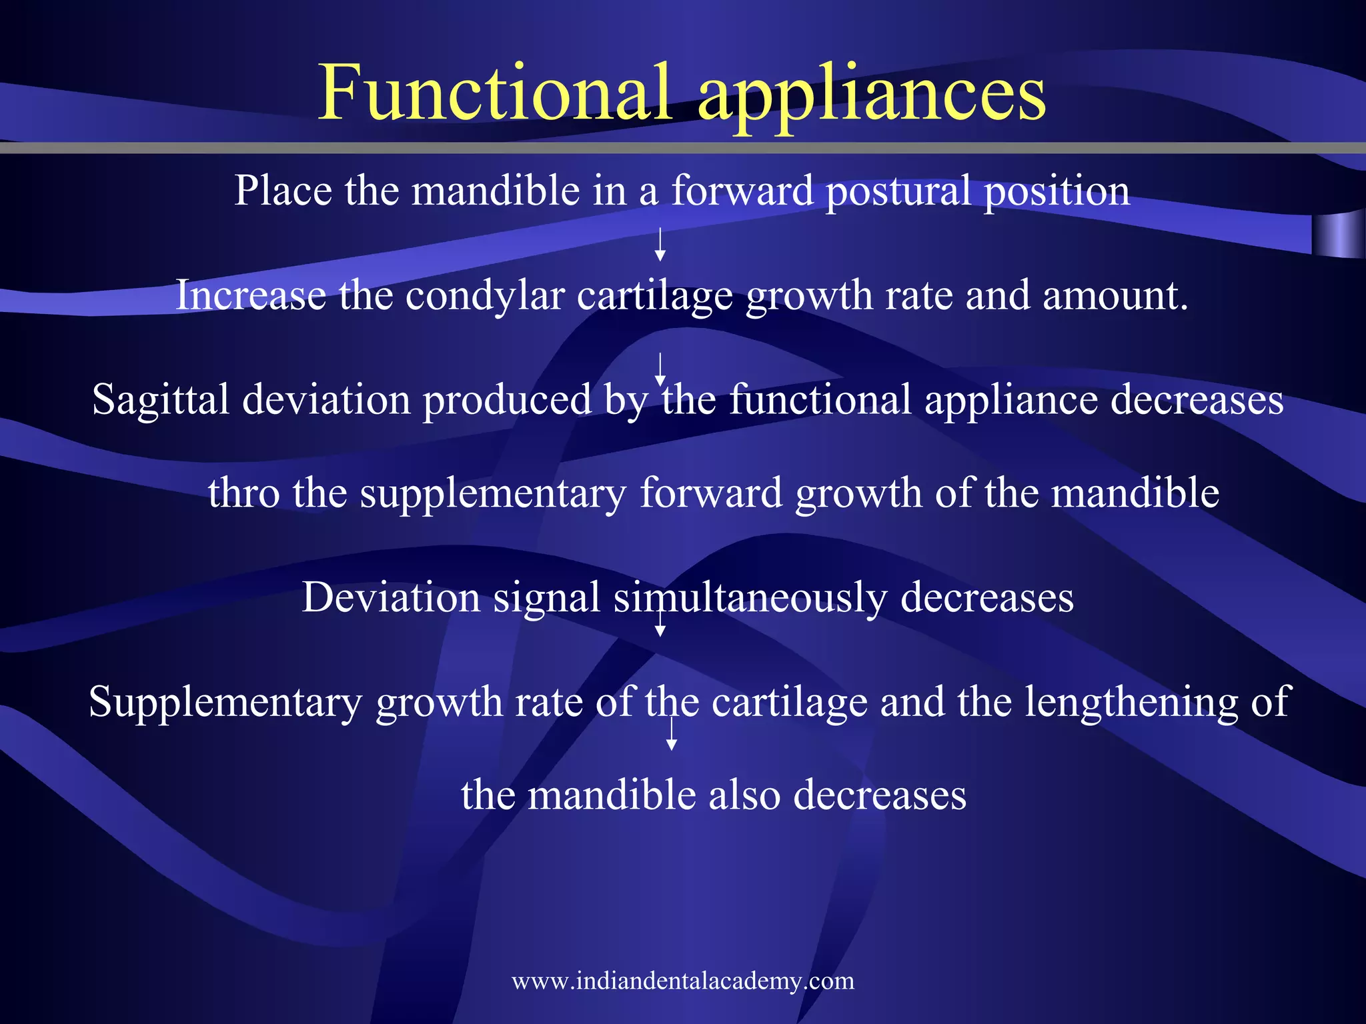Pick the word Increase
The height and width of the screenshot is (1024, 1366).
click(x=251, y=295)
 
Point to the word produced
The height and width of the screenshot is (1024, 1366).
click(x=508, y=400)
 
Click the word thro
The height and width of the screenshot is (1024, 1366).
click(x=243, y=493)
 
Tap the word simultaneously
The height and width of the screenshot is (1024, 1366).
click(x=750, y=597)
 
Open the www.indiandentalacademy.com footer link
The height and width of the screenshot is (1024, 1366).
click(x=683, y=981)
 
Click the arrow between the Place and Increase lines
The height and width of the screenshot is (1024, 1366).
click(x=660, y=244)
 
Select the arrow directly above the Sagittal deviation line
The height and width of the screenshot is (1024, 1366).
click(x=660, y=369)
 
